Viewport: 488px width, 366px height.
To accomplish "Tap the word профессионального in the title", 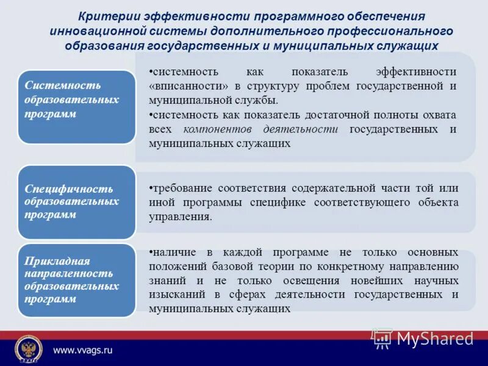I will coord(390,30).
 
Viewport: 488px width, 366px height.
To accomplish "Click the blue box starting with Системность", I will coord(76,106).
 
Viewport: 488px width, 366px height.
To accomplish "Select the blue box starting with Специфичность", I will coord(76,202).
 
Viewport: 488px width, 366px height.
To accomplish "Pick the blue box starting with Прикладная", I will coord(76,280).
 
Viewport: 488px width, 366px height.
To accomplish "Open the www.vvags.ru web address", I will coord(83,350).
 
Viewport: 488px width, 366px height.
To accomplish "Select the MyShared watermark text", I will coord(434,339).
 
